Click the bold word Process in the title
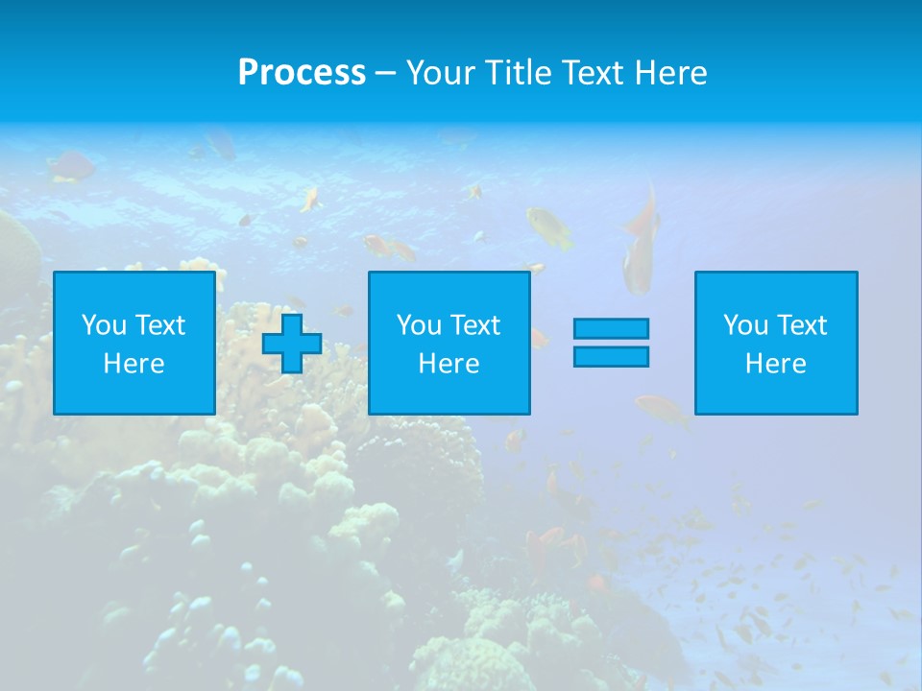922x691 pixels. [302, 73]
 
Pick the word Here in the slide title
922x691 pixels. [673, 73]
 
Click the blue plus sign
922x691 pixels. [292, 344]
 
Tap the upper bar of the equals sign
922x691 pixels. [611, 328]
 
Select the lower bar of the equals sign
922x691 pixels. [611, 356]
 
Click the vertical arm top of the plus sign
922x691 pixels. [292, 323]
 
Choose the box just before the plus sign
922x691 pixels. [133, 343]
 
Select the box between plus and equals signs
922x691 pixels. [449, 343]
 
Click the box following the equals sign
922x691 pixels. [776, 343]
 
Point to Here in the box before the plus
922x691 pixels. [133, 364]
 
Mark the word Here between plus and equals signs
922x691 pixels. [449, 364]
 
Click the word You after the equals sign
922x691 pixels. [745, 325]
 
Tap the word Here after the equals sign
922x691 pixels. [776, 364]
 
